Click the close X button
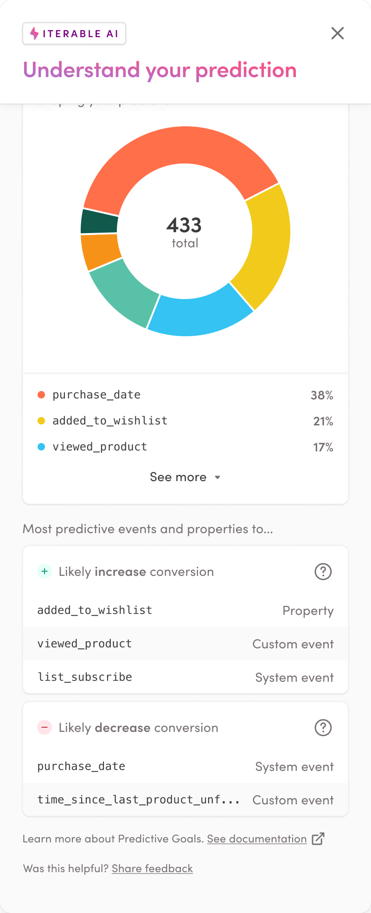point(338,33)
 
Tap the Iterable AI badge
point(74,33)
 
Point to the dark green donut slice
point(99,222)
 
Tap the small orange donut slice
point(100,251)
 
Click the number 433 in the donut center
point(184,225)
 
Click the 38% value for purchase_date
point(322,395)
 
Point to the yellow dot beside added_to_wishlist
point(41,421)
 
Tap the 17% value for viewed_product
point(323,447)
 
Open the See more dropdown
point(185,477)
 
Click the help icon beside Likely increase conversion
point(323,572)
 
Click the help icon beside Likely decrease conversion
point(323,728)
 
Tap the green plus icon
point(45,572)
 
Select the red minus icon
point(45,728)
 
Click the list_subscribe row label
point(85,677)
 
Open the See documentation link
point(257,839)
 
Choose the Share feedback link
point(152,868)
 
